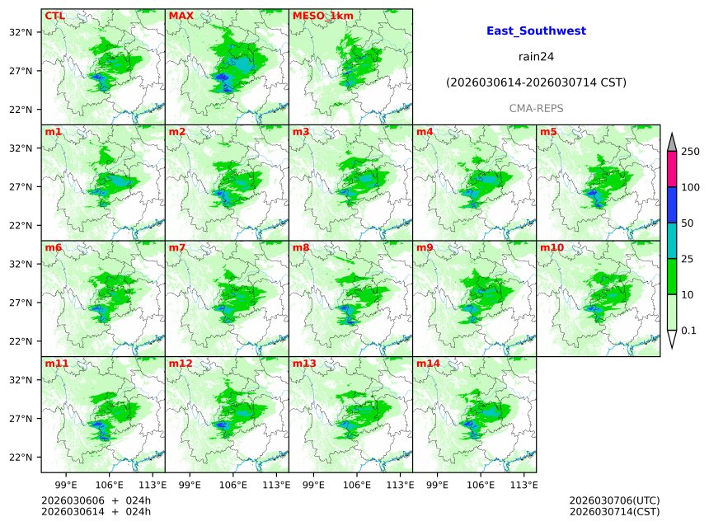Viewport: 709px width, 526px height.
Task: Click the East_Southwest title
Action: click(x=536, y=31)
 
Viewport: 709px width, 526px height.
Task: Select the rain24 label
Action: click(x=536, y=57)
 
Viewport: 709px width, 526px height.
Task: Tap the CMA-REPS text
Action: click(x=536, y=109)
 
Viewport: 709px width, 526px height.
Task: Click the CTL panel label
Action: click(x=54, y=16)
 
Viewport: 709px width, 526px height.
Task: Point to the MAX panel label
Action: click(x=181, y=16)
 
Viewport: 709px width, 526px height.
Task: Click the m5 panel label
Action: click(x=548, y=132)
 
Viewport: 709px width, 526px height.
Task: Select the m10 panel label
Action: click(x=552, y=247)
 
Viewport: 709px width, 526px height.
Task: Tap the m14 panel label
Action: click(x=428, y=364)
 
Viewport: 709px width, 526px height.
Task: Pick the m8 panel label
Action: click(x=301, y=247)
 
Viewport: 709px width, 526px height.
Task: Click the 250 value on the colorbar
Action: click(x=690, y=152)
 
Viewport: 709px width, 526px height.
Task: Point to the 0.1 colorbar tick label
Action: click(x=688, y=331)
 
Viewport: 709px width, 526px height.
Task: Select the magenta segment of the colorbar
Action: click(x=671, y=169)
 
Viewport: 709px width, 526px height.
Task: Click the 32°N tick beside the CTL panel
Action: click(x=21, y=32)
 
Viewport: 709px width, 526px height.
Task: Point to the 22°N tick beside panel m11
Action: click(x=21, y=458)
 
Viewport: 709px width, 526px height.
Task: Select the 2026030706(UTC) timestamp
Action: click(x=614, y=500)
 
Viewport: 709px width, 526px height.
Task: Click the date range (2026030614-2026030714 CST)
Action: click(x=536, y=83)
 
